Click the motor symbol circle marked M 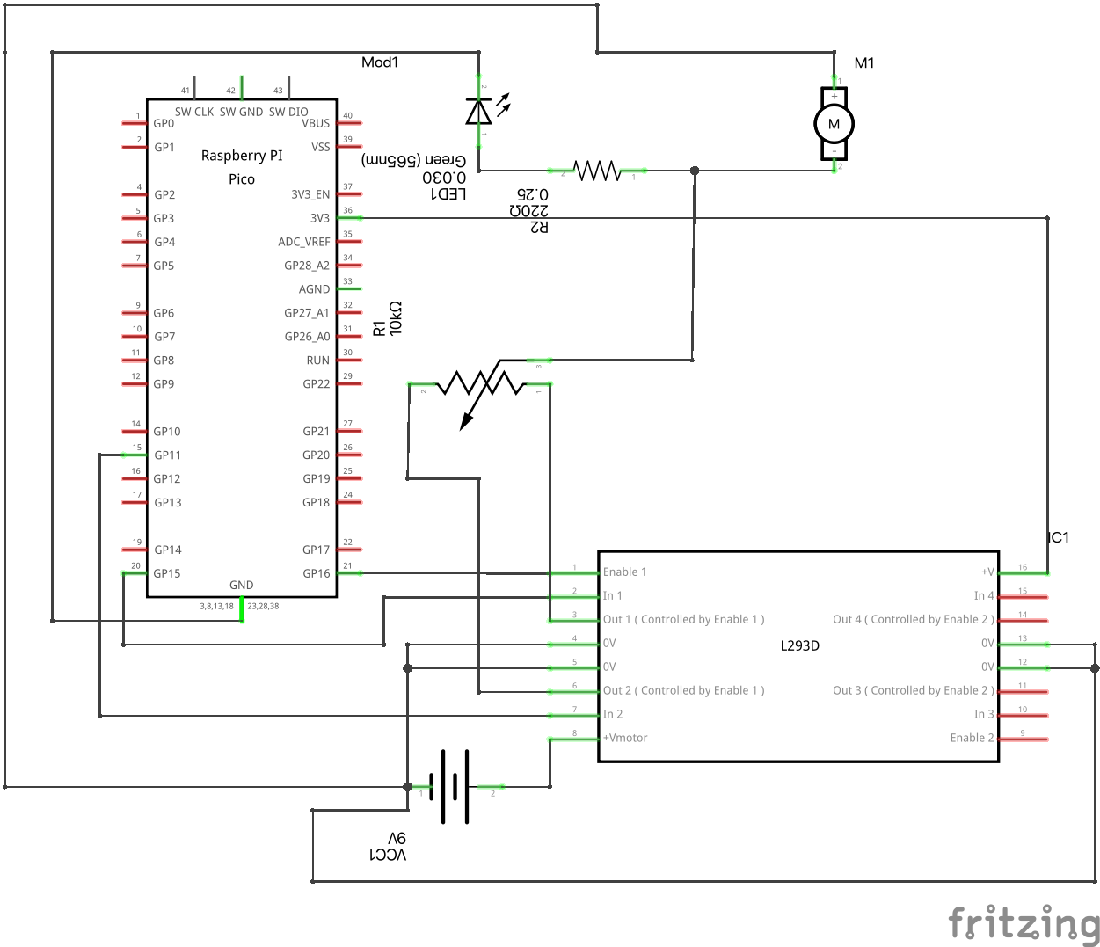coord(834,124)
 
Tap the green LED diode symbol coord(478,112)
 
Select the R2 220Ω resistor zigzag coord(597,171)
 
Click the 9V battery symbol coord(454,786)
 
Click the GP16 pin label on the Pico coord(316,573)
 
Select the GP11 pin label coord(167,455)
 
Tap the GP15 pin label coord(167,573)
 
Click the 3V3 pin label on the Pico coord(319,218)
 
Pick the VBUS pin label coord(316,123)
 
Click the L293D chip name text coord(799,645)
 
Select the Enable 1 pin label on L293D coord(624,572)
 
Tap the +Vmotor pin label coord(625,738)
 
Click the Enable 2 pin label coord(972,738)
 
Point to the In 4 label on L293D coord(983,596)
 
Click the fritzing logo coord(1024,923)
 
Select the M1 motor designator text coord(864,62)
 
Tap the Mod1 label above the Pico coord(380,62)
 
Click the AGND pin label coord(314,289)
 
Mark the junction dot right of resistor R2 coord(695,171)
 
